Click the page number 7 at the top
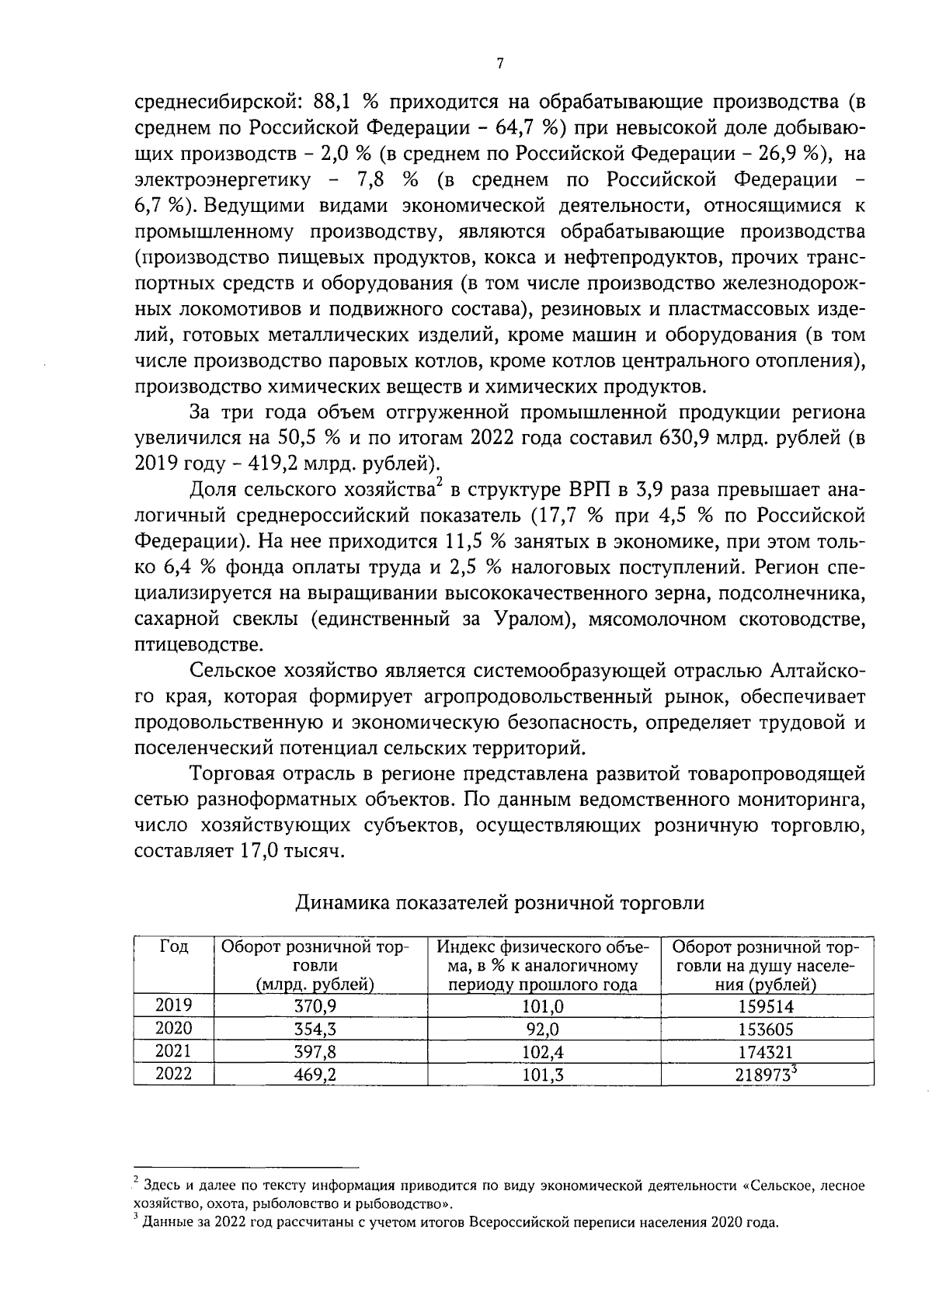point(499,64)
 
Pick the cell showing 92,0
point(543,1030)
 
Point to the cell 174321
point(766,1052)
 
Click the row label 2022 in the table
point(173,1074)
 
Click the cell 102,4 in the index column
point(543,1052)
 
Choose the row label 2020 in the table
point(173,1028)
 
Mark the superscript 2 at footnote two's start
point(136,1181)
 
